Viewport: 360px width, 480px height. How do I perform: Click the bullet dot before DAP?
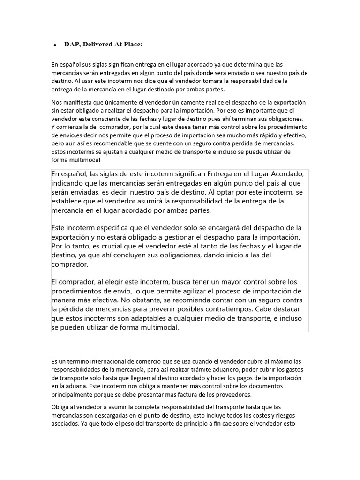[55, 45]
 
